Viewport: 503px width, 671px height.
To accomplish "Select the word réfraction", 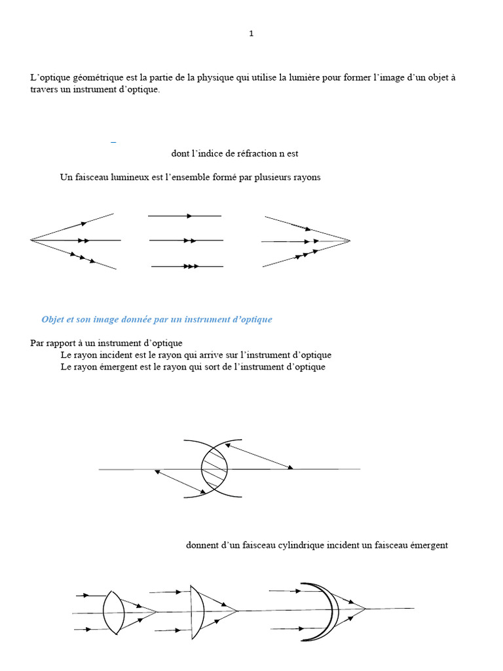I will tap(249, 153).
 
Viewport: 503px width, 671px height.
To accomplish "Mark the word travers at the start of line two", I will tap(44, 89).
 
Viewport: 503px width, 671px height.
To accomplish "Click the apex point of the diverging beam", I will tap(31, 240).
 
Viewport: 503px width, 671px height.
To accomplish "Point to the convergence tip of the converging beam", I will tap(350, 240).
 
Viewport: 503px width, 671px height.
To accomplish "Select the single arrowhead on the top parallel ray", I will tap(189, 216).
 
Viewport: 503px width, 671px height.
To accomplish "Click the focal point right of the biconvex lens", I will tap(157, 612).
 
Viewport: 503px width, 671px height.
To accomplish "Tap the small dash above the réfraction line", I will tap(114, 142).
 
